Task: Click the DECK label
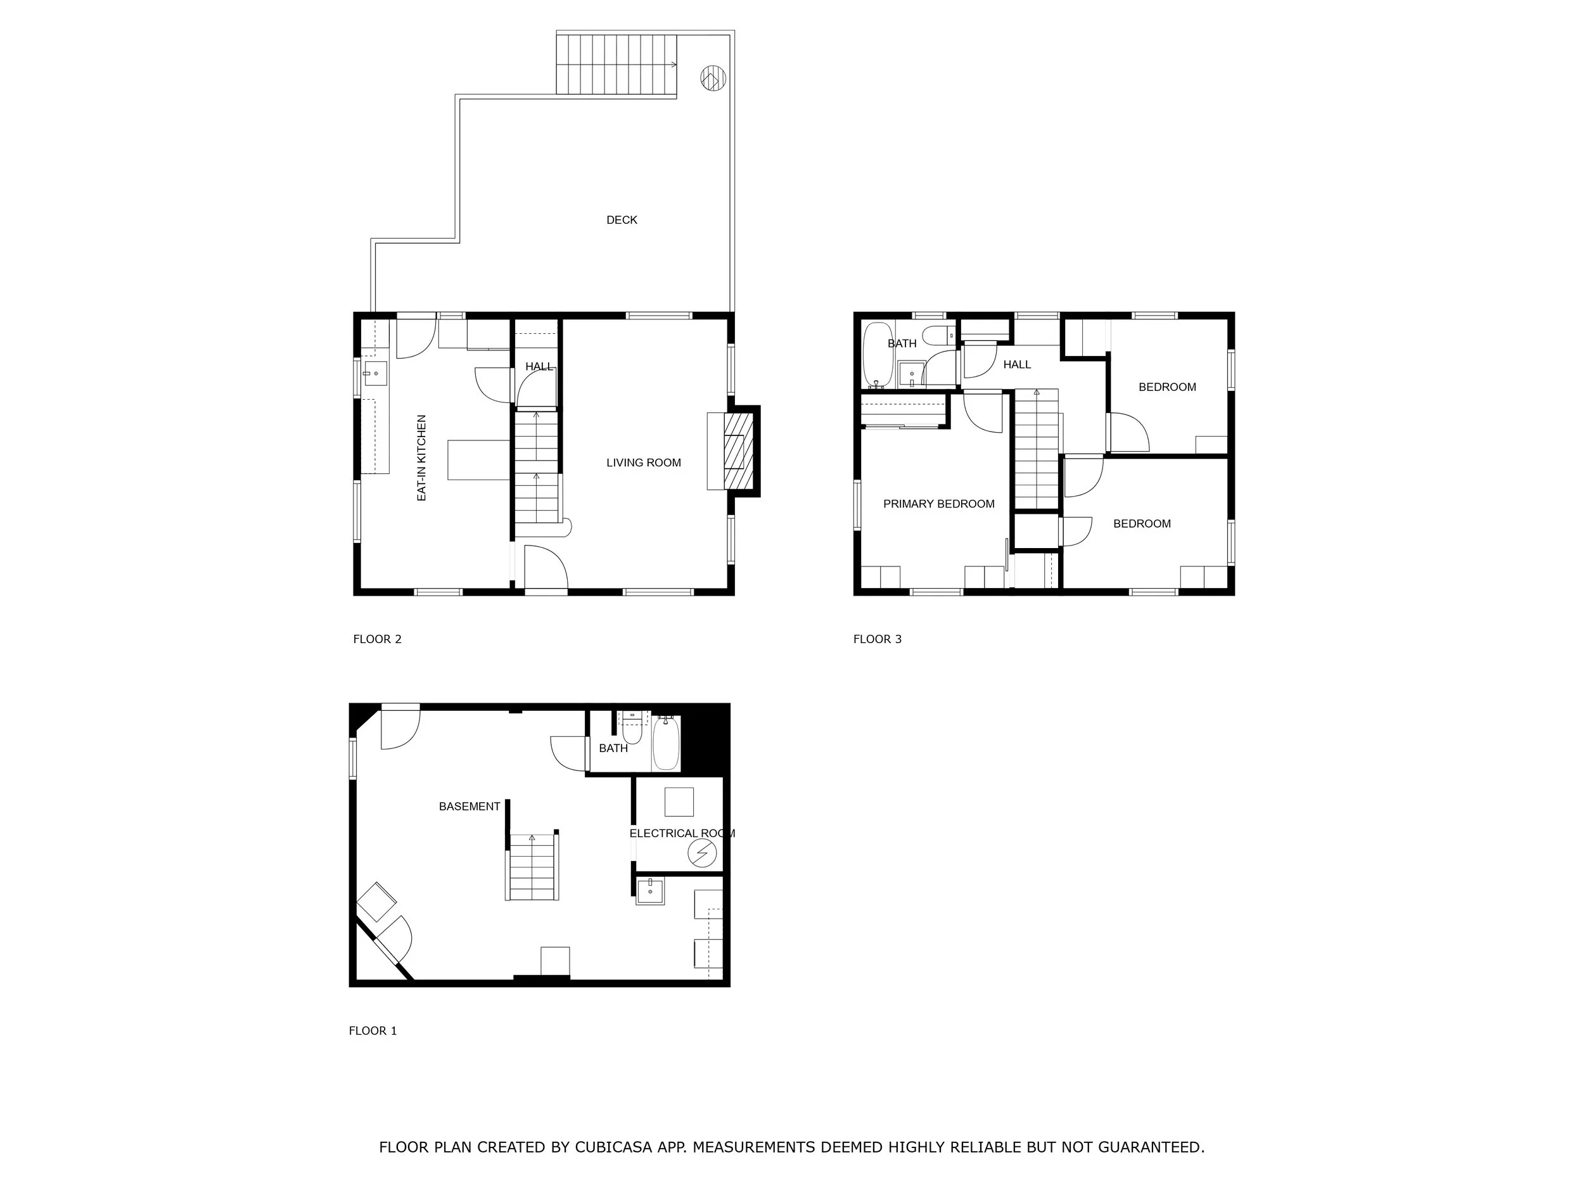point(622,220)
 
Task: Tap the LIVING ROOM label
point(644,463)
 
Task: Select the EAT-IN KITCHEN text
point(422,457)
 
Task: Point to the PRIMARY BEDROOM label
point(939,504)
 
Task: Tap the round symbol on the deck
point(713,77)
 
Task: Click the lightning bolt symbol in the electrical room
point(702,853)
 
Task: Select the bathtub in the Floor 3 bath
point(877,355)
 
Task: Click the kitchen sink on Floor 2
point(375,373)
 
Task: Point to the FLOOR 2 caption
point(378,639)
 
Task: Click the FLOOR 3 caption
point(877,639)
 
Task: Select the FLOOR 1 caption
point(373,1030)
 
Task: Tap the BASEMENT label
point(469,807)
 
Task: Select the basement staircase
point(532,867)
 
